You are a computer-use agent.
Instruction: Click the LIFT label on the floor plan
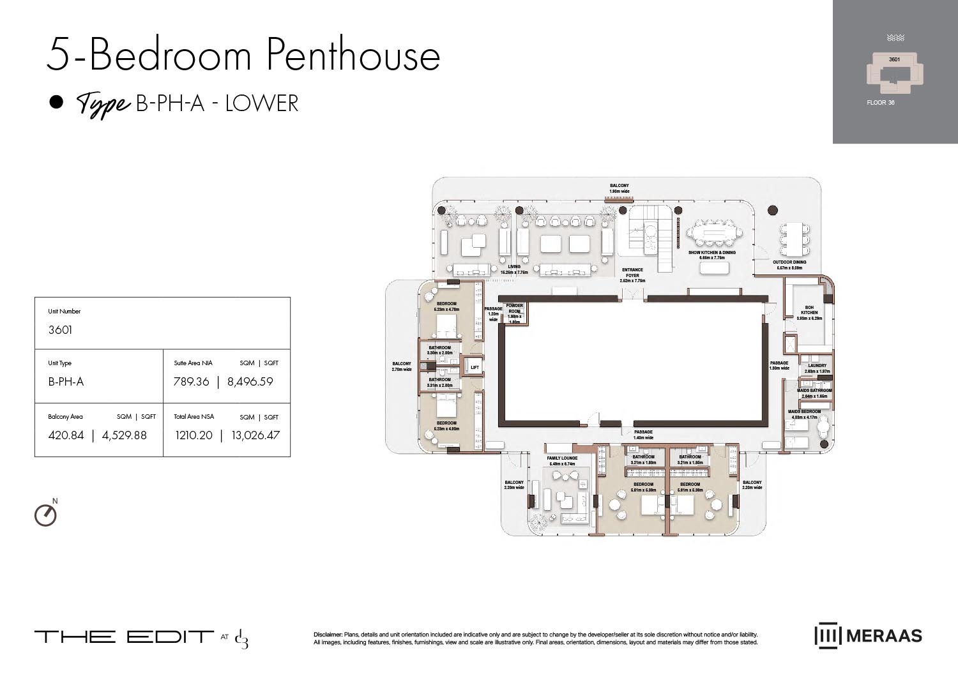(x=474, y=367)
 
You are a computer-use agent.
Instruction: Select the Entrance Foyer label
(x=632, y=273)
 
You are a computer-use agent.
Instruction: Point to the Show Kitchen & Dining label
(x=711, y=253)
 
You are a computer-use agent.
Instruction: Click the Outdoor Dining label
(x=789, y=262)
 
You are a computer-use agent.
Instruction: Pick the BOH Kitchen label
(x=809, y=310)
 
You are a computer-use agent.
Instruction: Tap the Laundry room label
(x=817, y=366)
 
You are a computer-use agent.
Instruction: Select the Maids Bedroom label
(x=804, y=412)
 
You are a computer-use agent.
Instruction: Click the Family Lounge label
(x=562, y=458)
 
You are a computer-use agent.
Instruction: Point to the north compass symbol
(x=45, y=515)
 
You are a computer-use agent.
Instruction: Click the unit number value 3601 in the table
(x=60, y=330)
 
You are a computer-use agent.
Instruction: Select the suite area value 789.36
(x=192, y=382)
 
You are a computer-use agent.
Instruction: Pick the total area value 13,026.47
(x=255, y=435)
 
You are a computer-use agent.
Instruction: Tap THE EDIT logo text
(x=124, y=637)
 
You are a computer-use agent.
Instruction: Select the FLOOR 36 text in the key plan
(x=880, y=102)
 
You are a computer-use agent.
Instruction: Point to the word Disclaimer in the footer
(x=328, y=635)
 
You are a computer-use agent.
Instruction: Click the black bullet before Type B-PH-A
(x=57, y=102)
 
